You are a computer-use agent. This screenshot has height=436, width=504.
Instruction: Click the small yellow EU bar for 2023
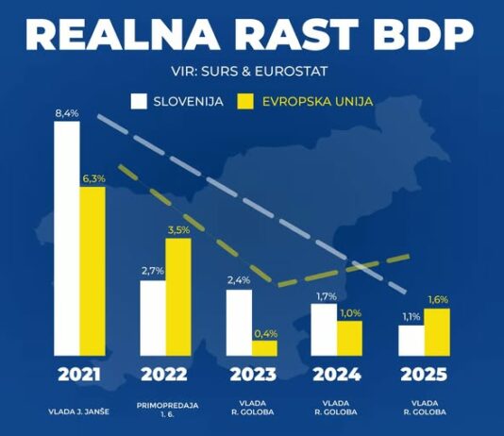[265, 347]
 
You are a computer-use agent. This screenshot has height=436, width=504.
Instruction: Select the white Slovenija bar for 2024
[325, 329]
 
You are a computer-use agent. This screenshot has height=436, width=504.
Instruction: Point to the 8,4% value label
[66, 113]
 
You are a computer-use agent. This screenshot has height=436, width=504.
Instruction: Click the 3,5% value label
[177, 228]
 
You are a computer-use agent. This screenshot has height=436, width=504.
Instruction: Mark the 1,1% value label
[411, 317]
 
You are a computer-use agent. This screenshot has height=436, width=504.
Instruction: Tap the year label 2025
[424, 375]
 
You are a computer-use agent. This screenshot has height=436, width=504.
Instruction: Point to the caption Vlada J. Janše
[79, 411]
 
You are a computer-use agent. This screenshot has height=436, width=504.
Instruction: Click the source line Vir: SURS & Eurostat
[251, 70]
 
